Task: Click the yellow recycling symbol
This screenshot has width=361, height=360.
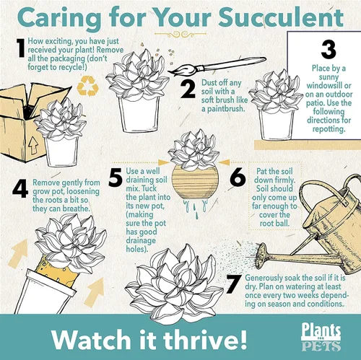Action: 87,86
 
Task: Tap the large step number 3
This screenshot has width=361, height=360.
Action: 329,50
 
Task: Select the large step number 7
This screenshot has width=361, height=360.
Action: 234,284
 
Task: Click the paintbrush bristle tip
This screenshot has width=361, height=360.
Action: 168,72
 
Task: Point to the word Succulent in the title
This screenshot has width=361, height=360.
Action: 281,17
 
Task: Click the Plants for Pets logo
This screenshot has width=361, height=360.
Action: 321,338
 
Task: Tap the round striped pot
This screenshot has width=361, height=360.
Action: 195,183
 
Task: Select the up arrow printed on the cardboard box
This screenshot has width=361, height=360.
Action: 33,146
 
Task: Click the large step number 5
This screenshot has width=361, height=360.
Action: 116,177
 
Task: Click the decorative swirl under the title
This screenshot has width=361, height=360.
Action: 180,35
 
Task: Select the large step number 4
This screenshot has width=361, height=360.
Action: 20,189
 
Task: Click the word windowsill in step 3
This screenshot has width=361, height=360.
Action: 329,85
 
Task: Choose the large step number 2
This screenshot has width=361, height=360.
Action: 188,89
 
